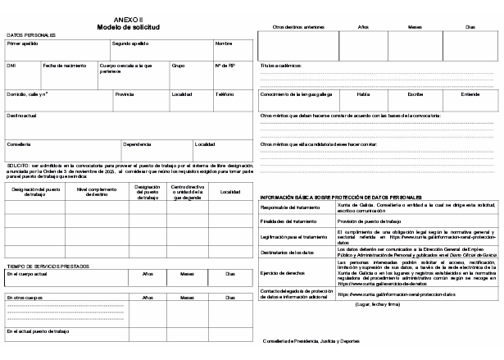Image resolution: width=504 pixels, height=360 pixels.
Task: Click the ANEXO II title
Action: (x=129, y=18)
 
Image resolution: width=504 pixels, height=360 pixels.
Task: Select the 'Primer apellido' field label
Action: (x=23, y=43)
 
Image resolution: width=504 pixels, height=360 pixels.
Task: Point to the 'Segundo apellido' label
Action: (x=129, y=43)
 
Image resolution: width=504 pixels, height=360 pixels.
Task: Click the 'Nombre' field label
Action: (x=224, y=43)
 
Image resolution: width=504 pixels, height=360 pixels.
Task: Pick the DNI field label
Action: (x=11, y=64)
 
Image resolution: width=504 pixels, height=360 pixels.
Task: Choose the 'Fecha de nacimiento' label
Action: (x=63, y=64)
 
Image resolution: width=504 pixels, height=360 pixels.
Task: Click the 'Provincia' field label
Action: (x=125, y=93)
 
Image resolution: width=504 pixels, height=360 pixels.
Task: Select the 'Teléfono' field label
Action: (x=225, y=93)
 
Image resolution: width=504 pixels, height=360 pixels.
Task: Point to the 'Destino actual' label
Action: (x=22, y=116)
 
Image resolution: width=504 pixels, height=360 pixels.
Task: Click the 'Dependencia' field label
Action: (x=137, y=144)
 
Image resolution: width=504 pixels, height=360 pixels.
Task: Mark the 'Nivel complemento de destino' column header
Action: (x=97, y=192)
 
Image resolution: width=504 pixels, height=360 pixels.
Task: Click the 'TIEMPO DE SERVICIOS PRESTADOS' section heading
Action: (x=48, y=266)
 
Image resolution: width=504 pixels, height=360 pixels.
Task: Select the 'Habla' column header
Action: (x=363, y=94)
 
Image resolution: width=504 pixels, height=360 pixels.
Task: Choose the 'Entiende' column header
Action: (x=470, y=94)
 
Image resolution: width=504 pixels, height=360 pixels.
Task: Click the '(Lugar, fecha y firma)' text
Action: (x=377, y=304)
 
